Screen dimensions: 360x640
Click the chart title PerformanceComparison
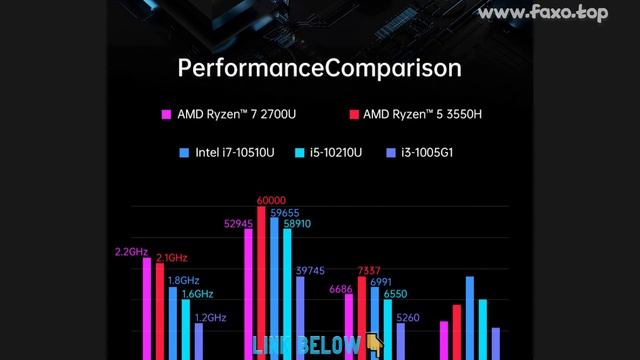tap(319, 68)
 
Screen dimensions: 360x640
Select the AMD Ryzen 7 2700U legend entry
tap(236, 114)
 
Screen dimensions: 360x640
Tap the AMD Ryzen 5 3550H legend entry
tap(423, 114)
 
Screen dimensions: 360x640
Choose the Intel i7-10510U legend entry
tap(231, 153)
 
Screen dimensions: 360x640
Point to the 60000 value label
tap(271, 200)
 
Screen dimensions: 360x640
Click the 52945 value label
tap(238, 224)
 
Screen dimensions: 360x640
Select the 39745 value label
tap(310, 270)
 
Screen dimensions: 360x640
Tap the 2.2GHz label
tap(131, 252)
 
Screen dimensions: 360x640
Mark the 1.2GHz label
tap(210, 317)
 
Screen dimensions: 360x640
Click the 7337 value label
tap(369, 271)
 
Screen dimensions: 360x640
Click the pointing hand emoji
tap(374, 345)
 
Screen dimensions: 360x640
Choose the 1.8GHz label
tap(183, 281)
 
